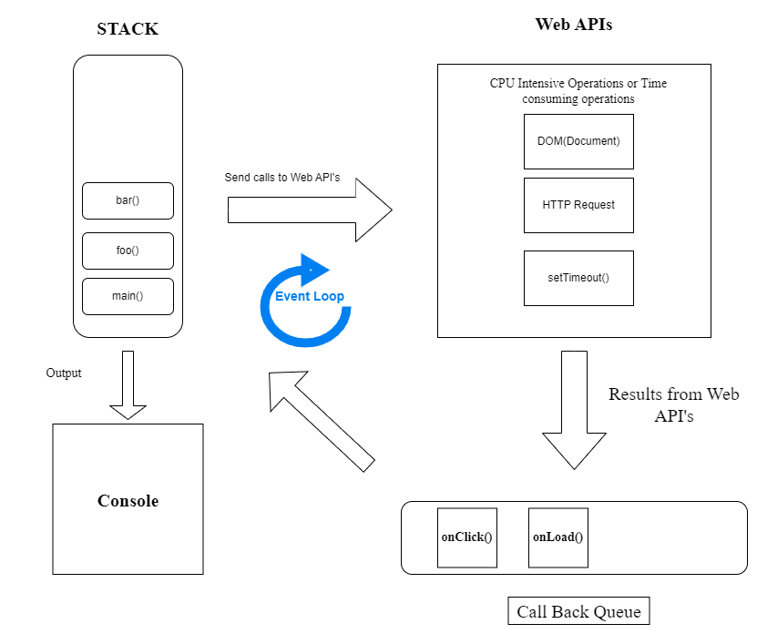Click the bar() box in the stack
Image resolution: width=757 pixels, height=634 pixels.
128,201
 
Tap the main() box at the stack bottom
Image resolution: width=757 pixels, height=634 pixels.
128,296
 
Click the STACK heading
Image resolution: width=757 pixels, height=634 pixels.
128,29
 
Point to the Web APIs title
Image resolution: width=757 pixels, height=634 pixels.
573,25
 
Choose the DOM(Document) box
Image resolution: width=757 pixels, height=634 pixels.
578,141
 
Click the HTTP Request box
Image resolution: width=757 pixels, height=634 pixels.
578,205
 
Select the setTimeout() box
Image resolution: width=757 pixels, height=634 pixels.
578,278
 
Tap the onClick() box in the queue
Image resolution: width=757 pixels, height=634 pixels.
467,537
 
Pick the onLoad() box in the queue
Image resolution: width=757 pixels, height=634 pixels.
558,537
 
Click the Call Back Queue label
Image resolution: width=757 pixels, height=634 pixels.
579,611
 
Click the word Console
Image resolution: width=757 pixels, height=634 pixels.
128,501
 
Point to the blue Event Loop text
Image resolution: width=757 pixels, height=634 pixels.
310,297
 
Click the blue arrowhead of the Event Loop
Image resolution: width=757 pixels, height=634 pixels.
315,267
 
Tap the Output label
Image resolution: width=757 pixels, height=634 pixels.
64,373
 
